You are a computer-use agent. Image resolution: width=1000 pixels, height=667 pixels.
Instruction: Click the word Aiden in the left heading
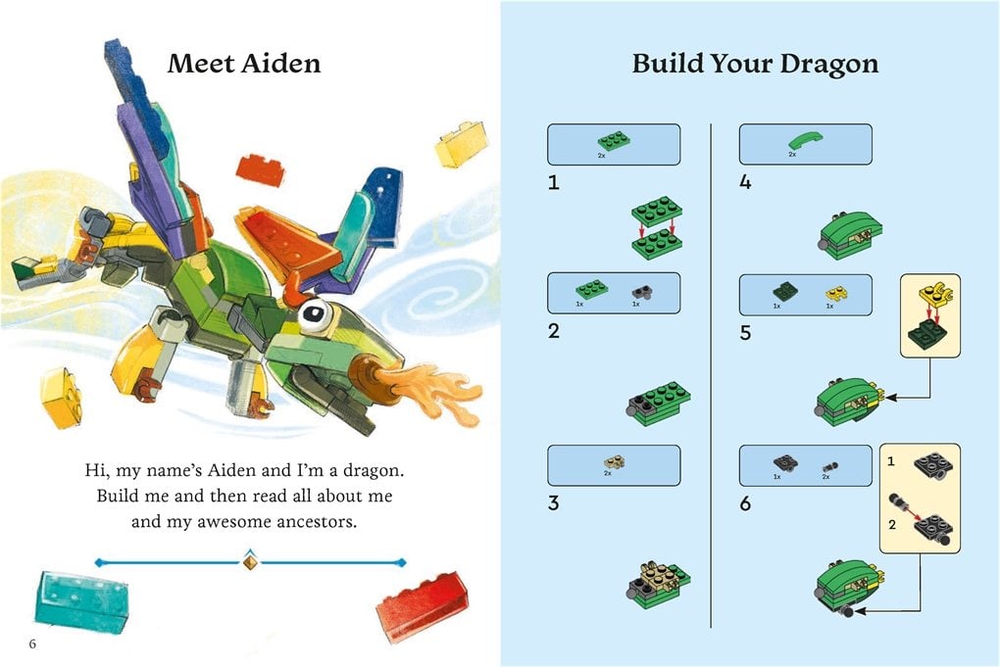285,65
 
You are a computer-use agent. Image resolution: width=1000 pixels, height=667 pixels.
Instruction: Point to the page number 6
33,643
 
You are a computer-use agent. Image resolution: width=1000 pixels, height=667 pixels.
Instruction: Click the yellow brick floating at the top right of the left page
462,144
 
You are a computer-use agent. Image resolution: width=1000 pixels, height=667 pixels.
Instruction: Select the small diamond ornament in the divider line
249,562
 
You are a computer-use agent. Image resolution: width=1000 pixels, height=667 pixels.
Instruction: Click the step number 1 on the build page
554,182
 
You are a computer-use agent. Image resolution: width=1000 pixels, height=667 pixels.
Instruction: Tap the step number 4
746,182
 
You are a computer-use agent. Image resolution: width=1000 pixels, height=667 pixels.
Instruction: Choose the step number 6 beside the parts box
746,503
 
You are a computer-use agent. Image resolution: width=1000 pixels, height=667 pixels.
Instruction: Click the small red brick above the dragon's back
262,169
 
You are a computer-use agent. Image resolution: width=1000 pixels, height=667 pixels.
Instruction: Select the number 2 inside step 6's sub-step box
891,524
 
